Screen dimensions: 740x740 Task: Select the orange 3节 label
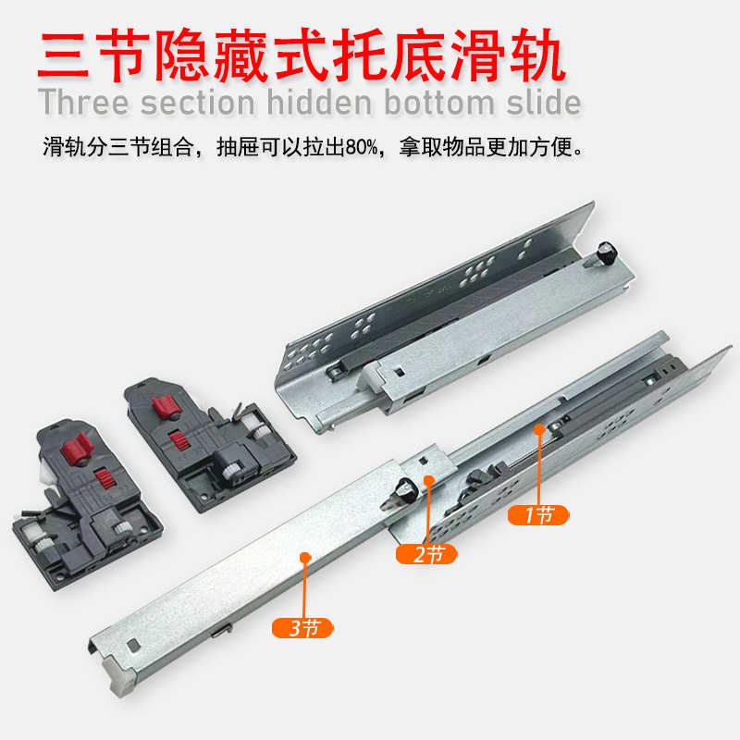[x=303, y=627]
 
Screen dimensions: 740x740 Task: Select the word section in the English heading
[x=205, y=104]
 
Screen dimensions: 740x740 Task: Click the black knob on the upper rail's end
[x=607, y=251]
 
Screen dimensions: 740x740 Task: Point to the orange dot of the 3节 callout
[x=306, y=557]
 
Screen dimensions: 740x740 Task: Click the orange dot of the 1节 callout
[x=537, y=428]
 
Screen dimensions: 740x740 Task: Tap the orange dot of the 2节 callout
[x=427, y=480]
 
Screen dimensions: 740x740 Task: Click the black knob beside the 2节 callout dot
[x=403, y=490]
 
